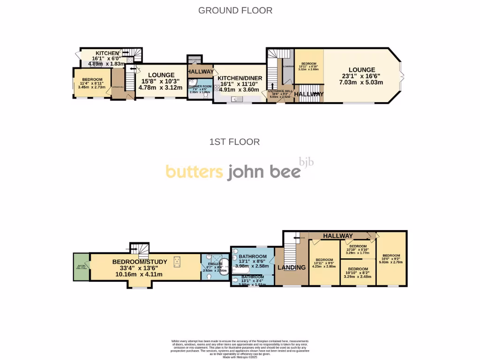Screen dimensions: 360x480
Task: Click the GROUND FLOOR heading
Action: [x=235, y=10]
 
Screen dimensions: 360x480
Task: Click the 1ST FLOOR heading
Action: [x=235, y=142]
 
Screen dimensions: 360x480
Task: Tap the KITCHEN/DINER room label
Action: [x=240, y=78]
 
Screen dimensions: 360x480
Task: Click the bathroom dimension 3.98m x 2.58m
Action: [x=253, y=266]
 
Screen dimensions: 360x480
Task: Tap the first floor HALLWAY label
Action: [x=337, y=236]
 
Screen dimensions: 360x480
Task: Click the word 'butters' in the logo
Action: [x=194, y=172]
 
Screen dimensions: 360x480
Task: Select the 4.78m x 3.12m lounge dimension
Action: [x=161, y=88]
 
